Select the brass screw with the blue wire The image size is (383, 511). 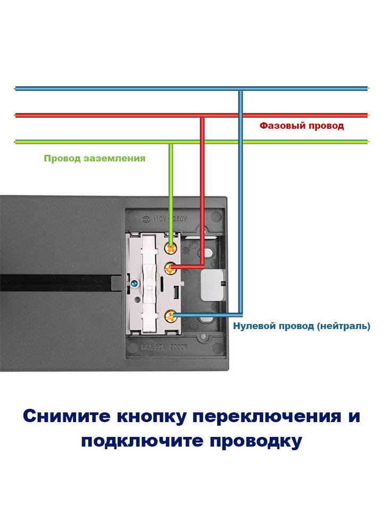point(171,318)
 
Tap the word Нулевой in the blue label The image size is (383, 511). point(254,326)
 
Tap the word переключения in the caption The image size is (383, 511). point(265,416)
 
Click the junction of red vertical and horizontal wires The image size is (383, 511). point(202,115)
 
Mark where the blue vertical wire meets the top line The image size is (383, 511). point(240,88)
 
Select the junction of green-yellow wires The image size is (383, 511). point(171,142)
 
